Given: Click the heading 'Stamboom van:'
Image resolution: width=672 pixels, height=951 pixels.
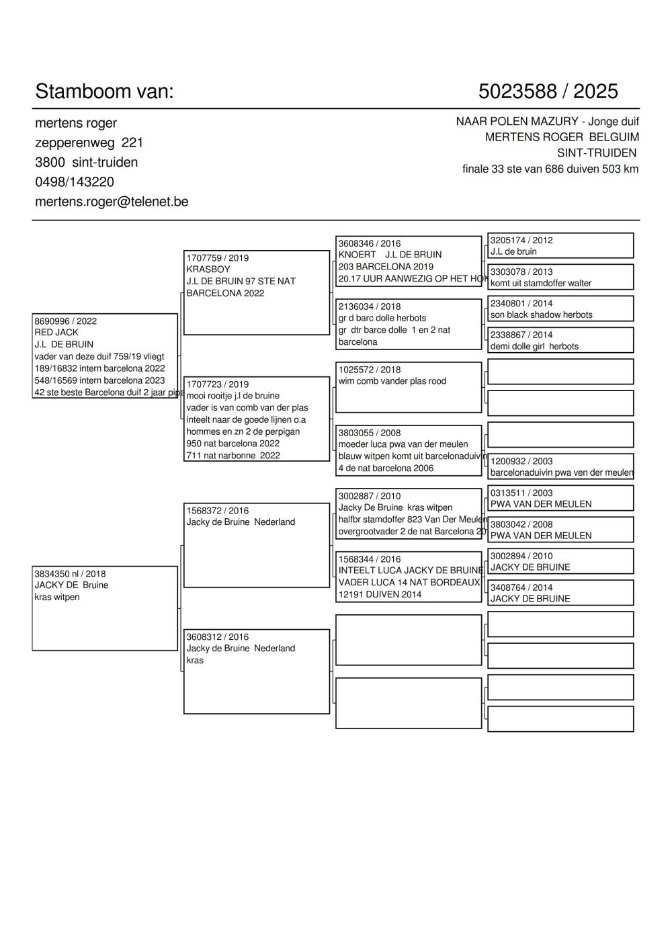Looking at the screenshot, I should click(104, 91).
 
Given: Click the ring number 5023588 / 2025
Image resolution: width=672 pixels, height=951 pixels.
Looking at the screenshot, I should click(548, 91).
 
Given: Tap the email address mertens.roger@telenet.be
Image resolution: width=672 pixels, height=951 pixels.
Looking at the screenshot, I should click(112, 202).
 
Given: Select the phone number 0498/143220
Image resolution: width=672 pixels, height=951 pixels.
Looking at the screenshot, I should click(74, 182).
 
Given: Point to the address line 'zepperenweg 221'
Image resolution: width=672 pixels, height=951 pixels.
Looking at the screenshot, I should click(89, 143).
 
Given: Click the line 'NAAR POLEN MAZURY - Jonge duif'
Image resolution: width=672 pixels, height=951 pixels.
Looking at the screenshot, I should click(547, 122).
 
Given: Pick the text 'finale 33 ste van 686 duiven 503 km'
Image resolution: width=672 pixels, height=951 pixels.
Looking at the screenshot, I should click(550, 169).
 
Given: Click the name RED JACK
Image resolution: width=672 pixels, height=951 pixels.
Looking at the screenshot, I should click(56, 333).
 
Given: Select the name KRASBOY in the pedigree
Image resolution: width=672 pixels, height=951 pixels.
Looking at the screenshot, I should click(208, 270).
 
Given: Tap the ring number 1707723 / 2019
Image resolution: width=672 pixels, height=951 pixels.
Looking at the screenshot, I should click(217, 384).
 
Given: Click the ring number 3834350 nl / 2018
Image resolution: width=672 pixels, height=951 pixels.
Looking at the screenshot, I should click(70, 574).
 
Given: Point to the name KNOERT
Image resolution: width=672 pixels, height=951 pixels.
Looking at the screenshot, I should click(357, 255).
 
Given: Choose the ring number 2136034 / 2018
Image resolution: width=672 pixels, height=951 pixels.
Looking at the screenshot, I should click(369, 306).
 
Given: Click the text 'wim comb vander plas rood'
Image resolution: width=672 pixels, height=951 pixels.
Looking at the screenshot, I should click(392, 381).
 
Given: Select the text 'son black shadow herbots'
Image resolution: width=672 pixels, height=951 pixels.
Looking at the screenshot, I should click(541, 315).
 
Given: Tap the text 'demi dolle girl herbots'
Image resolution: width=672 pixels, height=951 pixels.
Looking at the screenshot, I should click(534, 346).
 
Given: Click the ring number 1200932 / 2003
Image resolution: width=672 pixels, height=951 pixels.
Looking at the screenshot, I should click(521, 461).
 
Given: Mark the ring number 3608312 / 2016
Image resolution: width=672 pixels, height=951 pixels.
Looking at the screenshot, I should click(217, 637).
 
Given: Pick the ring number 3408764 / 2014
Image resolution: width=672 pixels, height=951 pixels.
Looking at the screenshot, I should click(521, 587).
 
